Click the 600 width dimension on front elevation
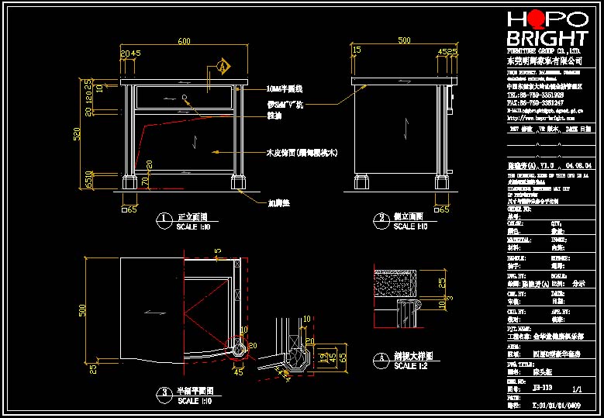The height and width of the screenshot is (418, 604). tap(184, 40)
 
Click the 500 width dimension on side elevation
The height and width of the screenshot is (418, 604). tap(404, 40)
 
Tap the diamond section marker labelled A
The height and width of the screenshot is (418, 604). tap(224, 67)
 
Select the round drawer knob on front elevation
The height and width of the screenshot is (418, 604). tap(185, 97)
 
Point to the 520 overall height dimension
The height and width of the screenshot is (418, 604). tap(77, 136)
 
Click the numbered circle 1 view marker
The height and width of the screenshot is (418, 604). tap(164, 220)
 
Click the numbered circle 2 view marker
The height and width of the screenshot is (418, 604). tap(381, 220)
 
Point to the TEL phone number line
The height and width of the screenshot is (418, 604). tap(535, 95)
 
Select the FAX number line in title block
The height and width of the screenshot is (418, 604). tap(535, 102)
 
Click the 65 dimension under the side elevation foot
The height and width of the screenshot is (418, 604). tap(446, 209)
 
